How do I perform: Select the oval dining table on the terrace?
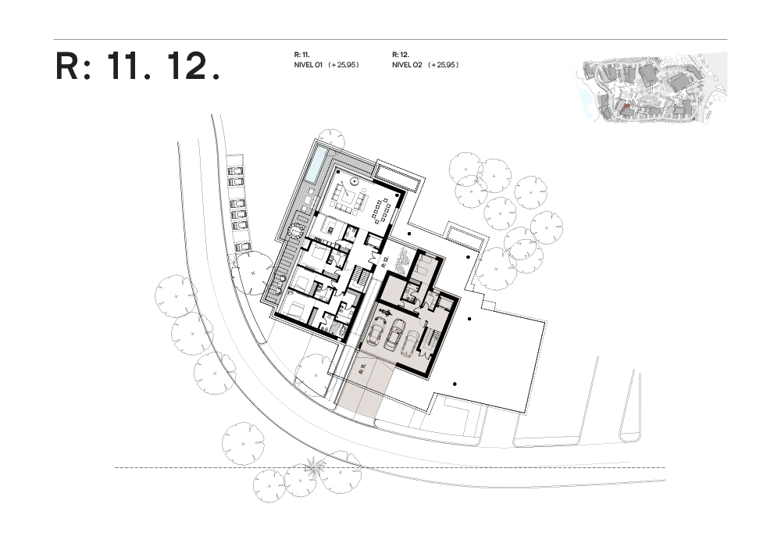(383, 211)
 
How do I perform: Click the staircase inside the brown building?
(431, 341)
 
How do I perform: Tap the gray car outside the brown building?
(404, 259)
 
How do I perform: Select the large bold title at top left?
(137, 66)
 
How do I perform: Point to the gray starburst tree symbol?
(315, 467)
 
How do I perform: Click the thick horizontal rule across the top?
(390, 40)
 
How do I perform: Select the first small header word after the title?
(328, 60)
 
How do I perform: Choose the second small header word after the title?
(426, 60)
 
